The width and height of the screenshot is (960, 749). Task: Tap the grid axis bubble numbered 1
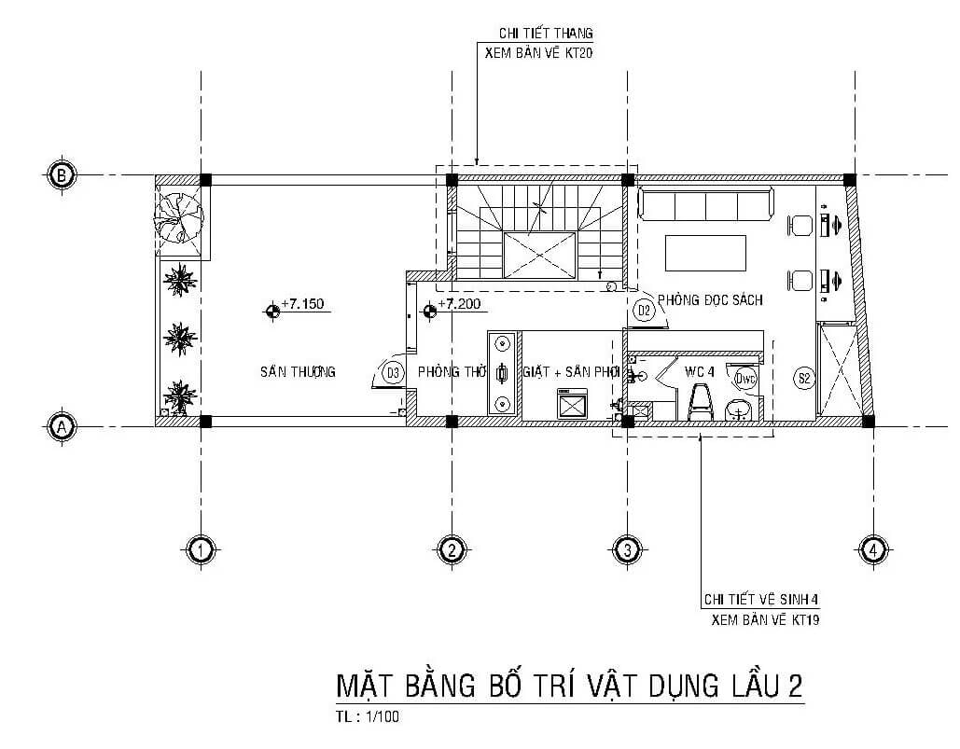click(199, 550)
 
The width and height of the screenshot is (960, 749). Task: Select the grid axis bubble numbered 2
click(451, 550)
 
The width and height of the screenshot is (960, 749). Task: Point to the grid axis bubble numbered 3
click(627, 550)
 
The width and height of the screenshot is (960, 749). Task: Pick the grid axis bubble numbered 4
click(871, 550)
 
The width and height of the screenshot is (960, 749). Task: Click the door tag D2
click(644, 311)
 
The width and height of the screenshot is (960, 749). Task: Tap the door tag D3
click(394, 373)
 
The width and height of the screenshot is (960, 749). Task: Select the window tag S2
click(804, 378)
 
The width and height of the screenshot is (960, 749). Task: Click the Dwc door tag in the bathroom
click(744, 378)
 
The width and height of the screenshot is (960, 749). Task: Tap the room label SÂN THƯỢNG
click(298, 372)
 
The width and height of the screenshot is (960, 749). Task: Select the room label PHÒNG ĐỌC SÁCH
click(710, 300)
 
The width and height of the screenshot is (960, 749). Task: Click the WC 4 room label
click(699, 371)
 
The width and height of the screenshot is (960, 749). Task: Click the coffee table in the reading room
click(705, 252)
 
